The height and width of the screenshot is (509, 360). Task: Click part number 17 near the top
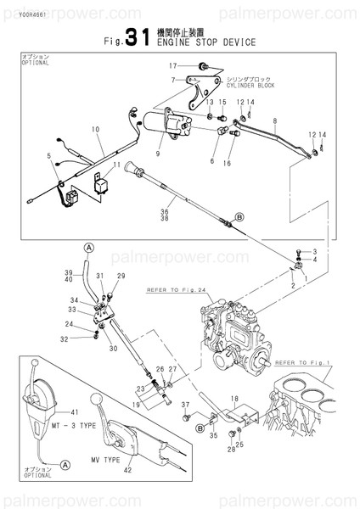(172, 65)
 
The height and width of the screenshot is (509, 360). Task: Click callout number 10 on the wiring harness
(95, 129)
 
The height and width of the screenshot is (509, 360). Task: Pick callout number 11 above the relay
(118, 164)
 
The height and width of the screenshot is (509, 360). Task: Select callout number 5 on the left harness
(49, 155)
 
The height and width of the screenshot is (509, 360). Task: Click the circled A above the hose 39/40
(87, 246)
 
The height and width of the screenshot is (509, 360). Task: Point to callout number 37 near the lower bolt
(184, 406)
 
